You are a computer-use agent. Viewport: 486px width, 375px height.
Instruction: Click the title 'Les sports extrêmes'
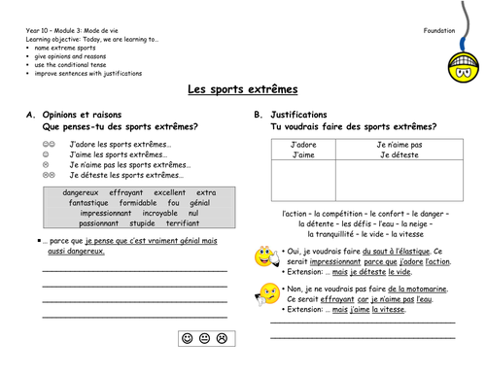[242, 89]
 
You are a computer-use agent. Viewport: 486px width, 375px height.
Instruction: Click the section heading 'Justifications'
[301, 115]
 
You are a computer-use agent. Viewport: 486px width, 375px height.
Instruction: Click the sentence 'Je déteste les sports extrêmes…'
[121, 175]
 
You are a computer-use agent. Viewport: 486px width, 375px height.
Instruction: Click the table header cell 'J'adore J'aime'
[303, 149]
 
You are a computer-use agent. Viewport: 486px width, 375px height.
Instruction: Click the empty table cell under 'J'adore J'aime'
[303, 181]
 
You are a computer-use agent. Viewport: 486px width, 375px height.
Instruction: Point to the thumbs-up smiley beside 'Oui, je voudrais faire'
[264, 257]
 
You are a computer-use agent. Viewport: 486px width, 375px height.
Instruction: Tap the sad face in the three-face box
[223, 339]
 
